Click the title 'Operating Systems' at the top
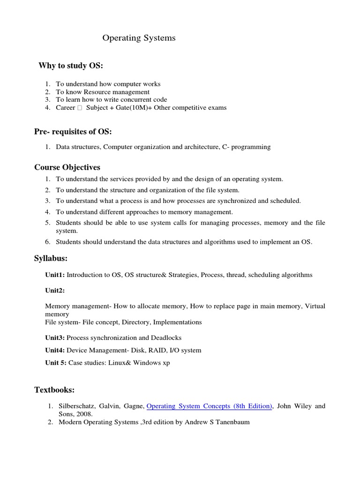tap(139, 38)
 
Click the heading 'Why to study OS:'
tap(70, 66)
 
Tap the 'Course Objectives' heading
tap(67, 167)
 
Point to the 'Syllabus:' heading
tap(51, 258)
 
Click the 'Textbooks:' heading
tap(54, 390)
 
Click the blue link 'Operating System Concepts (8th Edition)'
tap(210, 406)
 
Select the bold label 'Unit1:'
tap(55, 275)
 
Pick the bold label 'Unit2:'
tap(55, 291)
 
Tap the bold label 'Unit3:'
tap(55, 337)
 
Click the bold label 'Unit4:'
tap(55, 350)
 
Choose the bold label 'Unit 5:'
tap(56, 363)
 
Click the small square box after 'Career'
tap(80, 108)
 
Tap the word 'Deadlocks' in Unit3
tap(166, 337)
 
